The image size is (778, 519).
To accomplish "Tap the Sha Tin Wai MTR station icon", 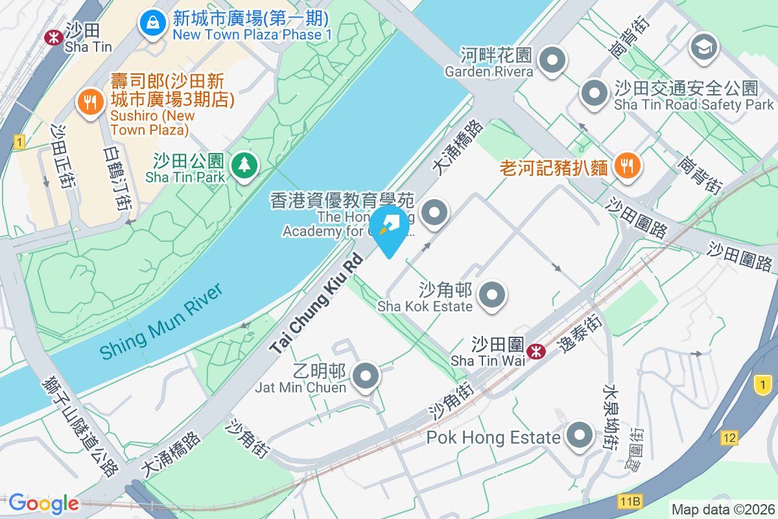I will coord(536,352).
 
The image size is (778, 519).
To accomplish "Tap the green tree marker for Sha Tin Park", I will coord(244,165).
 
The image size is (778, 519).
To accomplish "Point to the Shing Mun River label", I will coord(161,322).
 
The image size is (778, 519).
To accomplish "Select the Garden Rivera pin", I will coord(552,61).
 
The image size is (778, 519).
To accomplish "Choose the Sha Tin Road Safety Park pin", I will coord(595,93).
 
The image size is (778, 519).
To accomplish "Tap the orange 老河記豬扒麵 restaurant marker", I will coord(626,166).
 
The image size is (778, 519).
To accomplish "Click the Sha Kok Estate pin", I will coord(492,295).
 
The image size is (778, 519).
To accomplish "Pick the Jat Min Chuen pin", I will coord(366,376).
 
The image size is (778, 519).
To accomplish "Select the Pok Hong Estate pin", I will coord(579,436).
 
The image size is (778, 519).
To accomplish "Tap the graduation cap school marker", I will coord(703,48).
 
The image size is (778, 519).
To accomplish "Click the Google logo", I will coord(44,503).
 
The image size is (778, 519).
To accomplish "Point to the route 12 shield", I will coord(729,439).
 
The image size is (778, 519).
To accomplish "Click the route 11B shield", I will coord(630,501).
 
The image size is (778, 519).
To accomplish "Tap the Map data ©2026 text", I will coord(724,510).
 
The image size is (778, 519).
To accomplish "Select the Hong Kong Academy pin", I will coord(434,212).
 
